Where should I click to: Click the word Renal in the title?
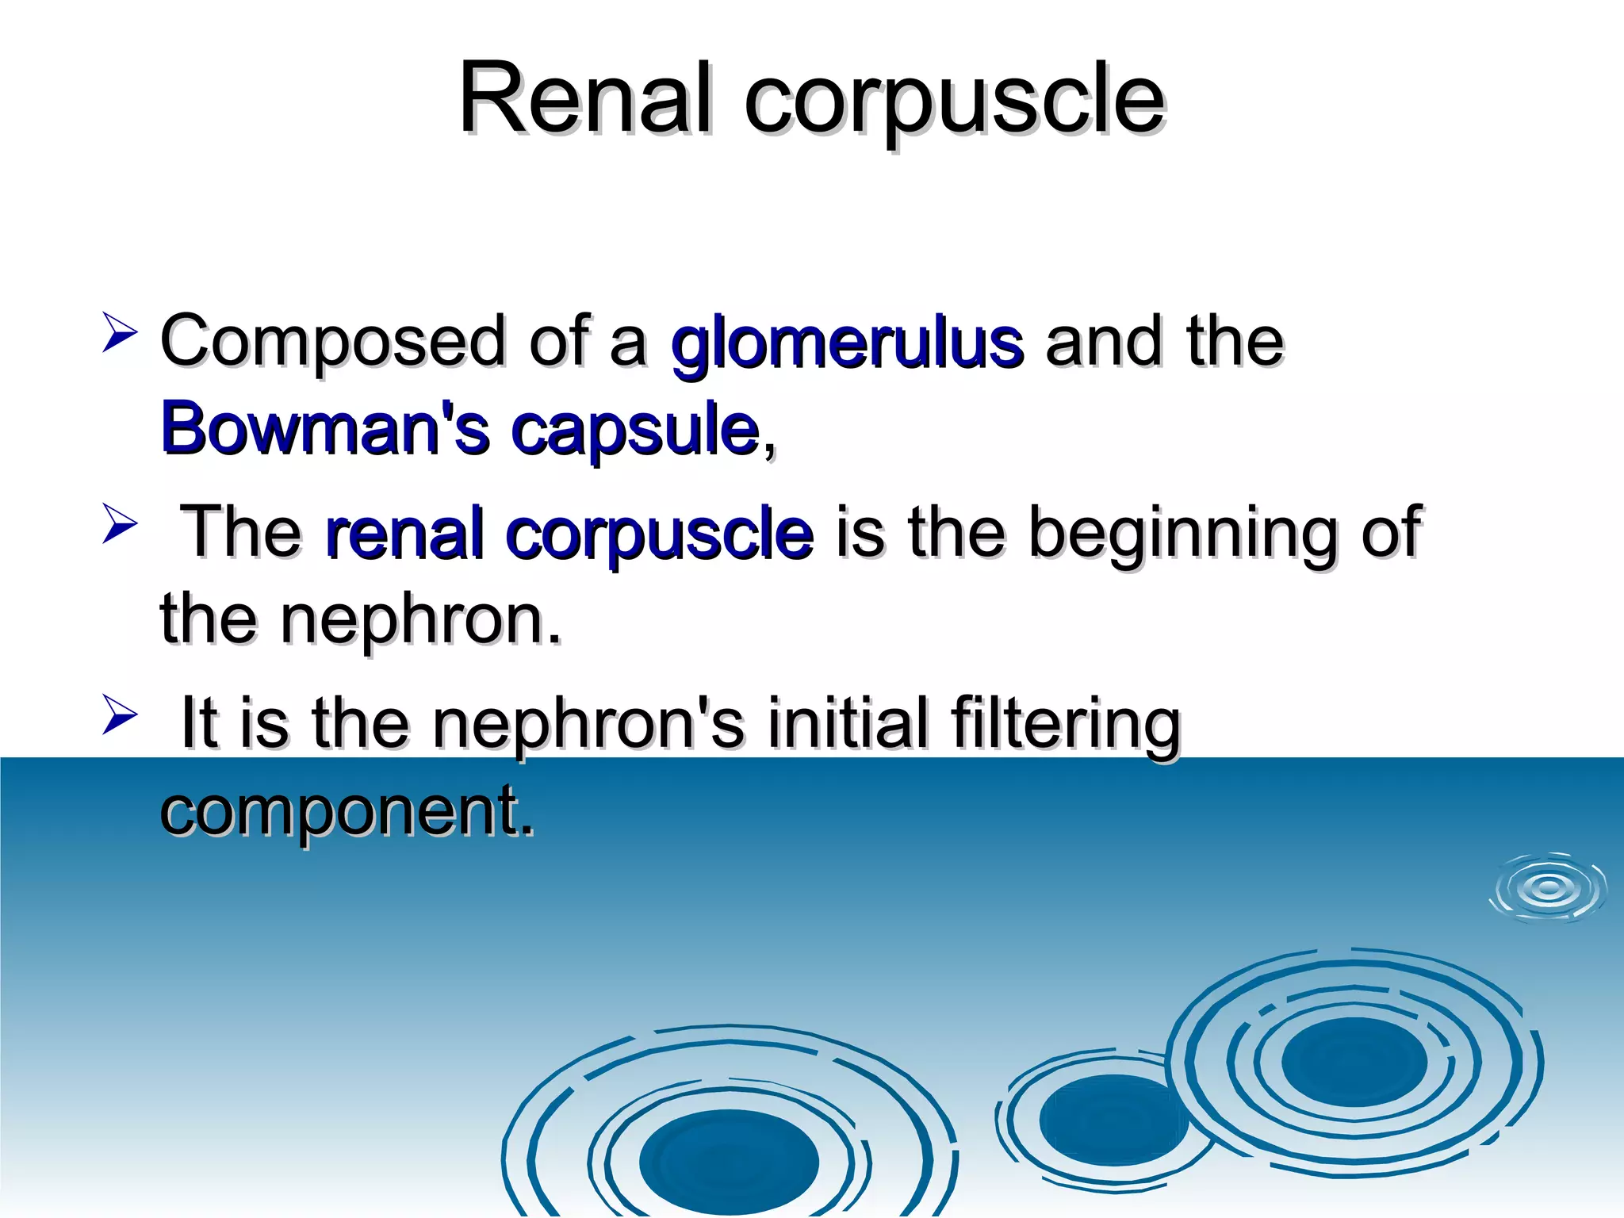tap(585, 99)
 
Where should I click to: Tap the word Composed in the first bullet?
tap(332, 343)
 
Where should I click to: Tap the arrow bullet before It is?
tap(120, 714)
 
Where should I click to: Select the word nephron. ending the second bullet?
tap(419, 619)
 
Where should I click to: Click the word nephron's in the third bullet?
tap(588, 722)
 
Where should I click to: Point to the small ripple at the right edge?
tap(1549, 888)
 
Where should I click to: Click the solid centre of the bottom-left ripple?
tap(729, 1162)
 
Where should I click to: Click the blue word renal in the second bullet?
tap(404, 533)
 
